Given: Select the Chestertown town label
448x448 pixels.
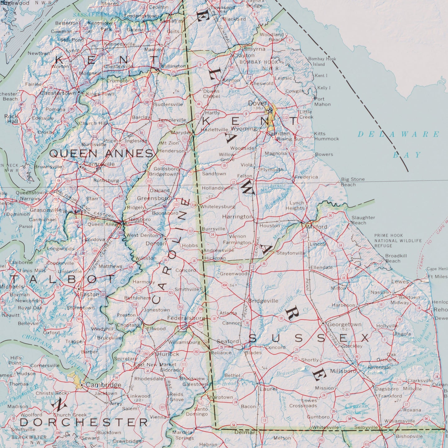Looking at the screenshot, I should pos(58,93).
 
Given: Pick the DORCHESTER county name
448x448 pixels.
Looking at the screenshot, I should pos(84,422).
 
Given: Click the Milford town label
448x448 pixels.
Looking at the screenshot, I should pos(317,227).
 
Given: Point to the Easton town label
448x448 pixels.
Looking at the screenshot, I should pos(90,294).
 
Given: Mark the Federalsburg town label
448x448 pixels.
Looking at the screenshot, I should pos(186,318).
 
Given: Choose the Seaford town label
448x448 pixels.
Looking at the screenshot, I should pos(228,341).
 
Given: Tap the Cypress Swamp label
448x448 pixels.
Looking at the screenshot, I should pos(356,409).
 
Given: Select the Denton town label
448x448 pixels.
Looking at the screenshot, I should pos(156,243).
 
